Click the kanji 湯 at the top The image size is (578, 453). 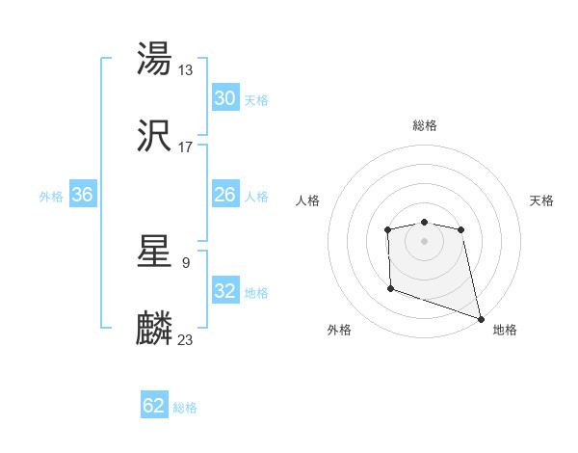click(x=155, y=60)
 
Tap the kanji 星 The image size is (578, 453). click(x=155, y=252)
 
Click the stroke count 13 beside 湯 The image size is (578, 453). click(x=186, y=69)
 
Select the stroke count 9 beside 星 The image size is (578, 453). click(x=185, y=261)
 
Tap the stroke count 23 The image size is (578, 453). click(x=186, y=340)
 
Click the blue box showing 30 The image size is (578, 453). click(x=224, y=98)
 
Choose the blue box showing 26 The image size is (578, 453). click(x=224, y=196)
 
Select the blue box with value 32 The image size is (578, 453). click(x=224, y=292)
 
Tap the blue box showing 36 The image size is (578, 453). click(x=82, y=196)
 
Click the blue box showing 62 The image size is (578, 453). click(x=154, y=406)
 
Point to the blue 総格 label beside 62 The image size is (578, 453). click(x=186, y=408)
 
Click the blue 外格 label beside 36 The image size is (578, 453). click(x=51, y=197)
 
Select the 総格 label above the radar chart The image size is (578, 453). click(x=424, y=125)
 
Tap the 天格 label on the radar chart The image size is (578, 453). click(x=542, y=200)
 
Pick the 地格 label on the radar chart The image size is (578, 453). click(x=505, y=331)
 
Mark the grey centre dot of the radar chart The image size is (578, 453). click(x=424, y=241)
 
